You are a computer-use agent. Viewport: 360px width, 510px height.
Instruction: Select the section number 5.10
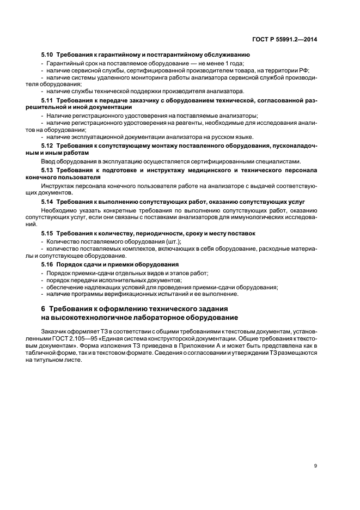[x=47, y=55]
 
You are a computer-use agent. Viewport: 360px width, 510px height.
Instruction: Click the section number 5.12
[x=47, y=147]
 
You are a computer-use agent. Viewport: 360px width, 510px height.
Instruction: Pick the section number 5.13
[x=47, y=170]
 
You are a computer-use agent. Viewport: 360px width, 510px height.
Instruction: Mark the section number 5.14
[x=47, y=202]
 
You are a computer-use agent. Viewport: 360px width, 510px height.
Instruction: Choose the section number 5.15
[x=47, y=233]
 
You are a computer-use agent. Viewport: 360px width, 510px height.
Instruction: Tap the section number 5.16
[x=47, y=264]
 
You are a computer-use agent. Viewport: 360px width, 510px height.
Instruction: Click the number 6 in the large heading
[x=44, y=309]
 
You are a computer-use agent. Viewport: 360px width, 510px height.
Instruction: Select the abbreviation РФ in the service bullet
[x=303, y=70]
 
